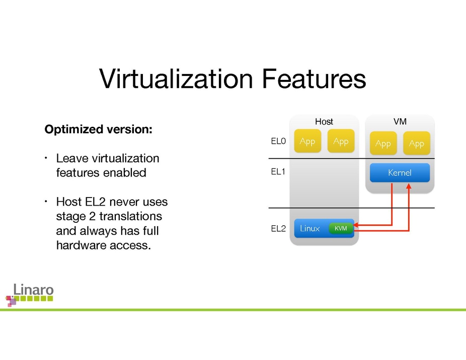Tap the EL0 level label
pyautogui.click(x=278, y=142)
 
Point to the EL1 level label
pyautogui.click(x=278, y=172)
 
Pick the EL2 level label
pyautogui.click(x=278, y=229)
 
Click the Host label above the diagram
pyautogui.click(x=324, y=122)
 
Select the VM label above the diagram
pyautogui.click(x=400, y=122)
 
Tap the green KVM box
pyautogui.click(x=341, y=228)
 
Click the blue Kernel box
pyautogui.click(x=400, y=173)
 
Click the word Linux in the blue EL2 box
pyautogui.click(x=309, y=228)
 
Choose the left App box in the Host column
pyautogui.click(x=307, y=141)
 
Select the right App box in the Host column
pyautogui.click(x=341, y=141)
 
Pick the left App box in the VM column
pyautogui.click(x=383, y=144)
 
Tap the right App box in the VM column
pyautogui.click(x=416, y=144)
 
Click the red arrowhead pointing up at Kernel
pyautogui.click(x=409, y=186)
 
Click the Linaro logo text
pyautogui.click(x=33, y=290)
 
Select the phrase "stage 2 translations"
pyautogui.click(x=109, y=216)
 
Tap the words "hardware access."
pyautogui.click(x=103, y=246)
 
